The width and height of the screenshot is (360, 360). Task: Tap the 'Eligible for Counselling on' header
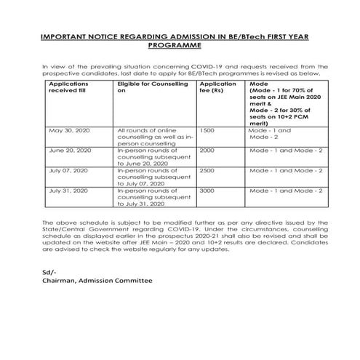point(148,88)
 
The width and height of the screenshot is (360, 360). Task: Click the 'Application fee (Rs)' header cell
point(217,88)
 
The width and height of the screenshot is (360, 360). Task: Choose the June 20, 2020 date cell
point(68,150)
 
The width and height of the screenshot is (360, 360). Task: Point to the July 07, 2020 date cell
point(67,169)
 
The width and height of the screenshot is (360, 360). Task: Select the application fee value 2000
point(207,150)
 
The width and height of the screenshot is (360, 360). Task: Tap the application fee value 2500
point(207,169)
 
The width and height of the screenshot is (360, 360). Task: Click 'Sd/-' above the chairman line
point(49,271)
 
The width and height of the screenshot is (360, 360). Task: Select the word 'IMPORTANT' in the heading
point(65,34)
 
